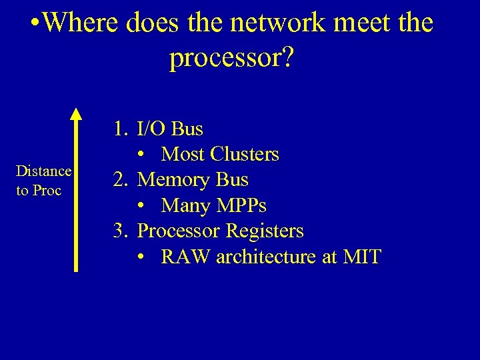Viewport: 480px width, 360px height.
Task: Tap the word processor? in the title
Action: click(x=231, y=58)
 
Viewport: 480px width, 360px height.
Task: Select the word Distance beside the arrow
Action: click(x=44, y=171)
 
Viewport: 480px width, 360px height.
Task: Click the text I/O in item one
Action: click(x=151, y=128)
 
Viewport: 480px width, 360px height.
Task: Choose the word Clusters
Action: click(x=245, y=154)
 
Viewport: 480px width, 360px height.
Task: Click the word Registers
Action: click(x=265, y=231)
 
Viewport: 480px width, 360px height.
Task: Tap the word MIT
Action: click(x=361, y=257)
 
